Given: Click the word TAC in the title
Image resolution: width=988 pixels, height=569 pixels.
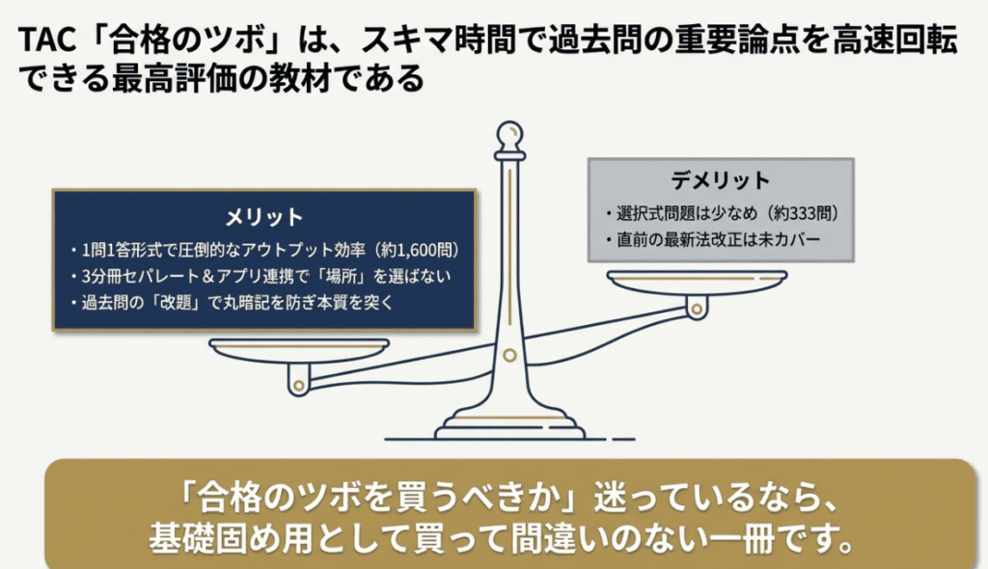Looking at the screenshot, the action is [x=47, y=40].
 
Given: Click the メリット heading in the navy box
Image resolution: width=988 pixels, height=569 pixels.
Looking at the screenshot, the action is [x=264, y=217].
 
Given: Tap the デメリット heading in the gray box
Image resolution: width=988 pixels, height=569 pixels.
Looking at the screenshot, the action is [x=720, y=181].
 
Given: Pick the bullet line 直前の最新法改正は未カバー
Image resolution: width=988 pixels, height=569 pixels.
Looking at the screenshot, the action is [x=713, y=240].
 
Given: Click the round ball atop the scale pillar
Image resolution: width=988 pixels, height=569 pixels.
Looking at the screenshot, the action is [x=509, y=135].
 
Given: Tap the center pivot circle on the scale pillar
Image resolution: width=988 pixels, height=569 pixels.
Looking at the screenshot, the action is [x=509, y=356].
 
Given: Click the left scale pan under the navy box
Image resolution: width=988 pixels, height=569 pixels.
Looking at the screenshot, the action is [x=299, y=350].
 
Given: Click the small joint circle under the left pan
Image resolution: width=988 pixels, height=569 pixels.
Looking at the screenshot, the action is [x=299, y=385].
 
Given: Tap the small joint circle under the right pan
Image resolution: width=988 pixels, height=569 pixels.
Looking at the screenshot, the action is [x=697, y=310].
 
